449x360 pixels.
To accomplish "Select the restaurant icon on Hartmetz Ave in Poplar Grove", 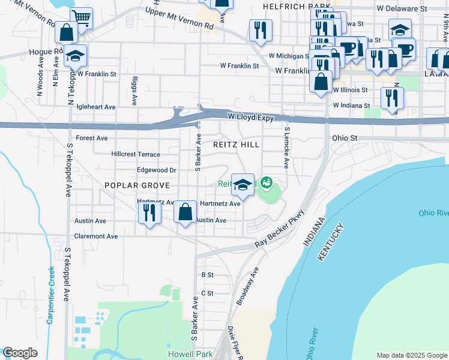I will pos(148,212).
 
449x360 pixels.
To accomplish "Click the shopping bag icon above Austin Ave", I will pos(185,212).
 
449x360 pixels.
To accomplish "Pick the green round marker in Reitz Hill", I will pos(265,181).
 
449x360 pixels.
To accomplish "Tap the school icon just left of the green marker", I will pos(243,184).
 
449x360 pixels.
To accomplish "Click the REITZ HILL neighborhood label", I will pos(237,145).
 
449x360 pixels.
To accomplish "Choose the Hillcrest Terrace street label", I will pos(136,154).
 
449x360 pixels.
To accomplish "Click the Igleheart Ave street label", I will pos(93,107).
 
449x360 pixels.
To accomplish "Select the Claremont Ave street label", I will pos(96,236).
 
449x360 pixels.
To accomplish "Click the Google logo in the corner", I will pos(20,353).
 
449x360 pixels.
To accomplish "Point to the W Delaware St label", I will pos(402,9).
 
